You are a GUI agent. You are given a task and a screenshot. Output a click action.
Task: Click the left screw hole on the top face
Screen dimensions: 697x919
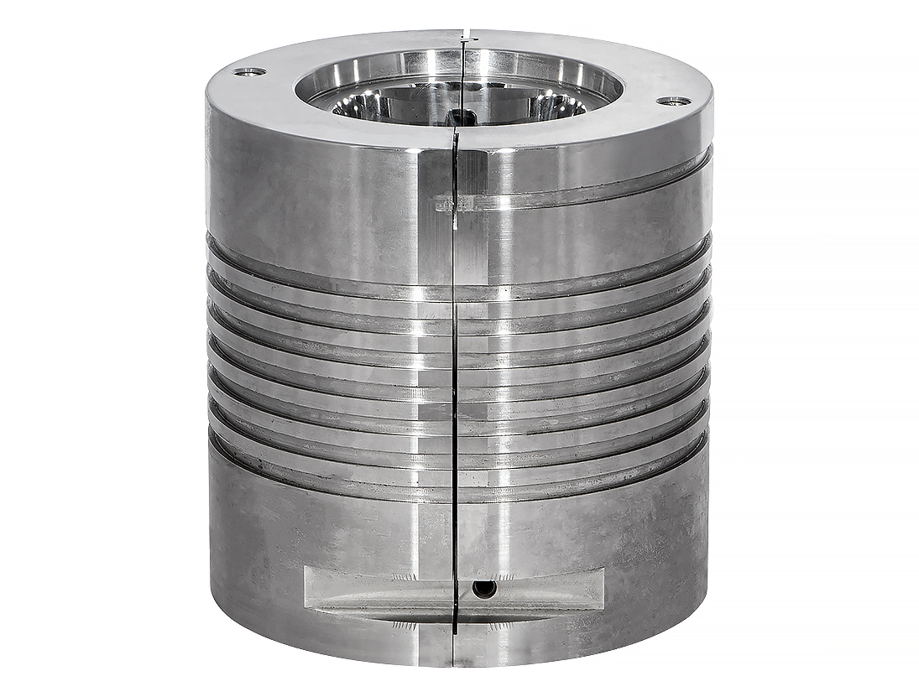pyautogui.click(x=249, y=72)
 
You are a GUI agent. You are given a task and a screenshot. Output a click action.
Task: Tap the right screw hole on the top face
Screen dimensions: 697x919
pyautogui.click(x=673, y=101)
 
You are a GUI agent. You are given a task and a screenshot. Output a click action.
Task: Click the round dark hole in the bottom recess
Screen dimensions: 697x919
pyautogui.click(x=483, y=589)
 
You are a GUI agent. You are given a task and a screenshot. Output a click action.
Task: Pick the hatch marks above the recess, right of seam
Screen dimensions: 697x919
pyautogui.click(x=504, y=578)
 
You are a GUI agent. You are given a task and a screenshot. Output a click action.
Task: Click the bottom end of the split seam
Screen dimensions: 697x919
pyautogui.click(x=454, y=631)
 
